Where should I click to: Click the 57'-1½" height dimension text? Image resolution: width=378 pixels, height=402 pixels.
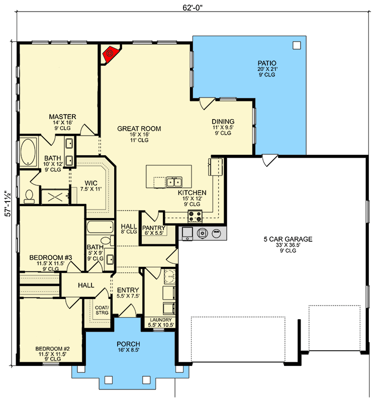click(7, 203)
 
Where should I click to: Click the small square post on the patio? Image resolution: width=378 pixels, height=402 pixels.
click(296, 45)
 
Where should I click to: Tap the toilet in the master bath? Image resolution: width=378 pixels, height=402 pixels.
click(29, 194)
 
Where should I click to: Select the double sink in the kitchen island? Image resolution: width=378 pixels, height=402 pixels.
click(174, 182)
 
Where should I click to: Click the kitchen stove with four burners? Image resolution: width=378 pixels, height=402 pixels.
click(195, 217)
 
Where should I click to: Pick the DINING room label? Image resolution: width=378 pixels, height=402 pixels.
click(223, 121)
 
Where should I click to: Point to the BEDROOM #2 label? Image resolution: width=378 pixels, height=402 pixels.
click(52, 348)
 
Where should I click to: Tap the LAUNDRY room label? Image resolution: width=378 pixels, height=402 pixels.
click(161, 320)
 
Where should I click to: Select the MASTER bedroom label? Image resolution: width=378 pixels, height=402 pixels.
click(62, 117)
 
